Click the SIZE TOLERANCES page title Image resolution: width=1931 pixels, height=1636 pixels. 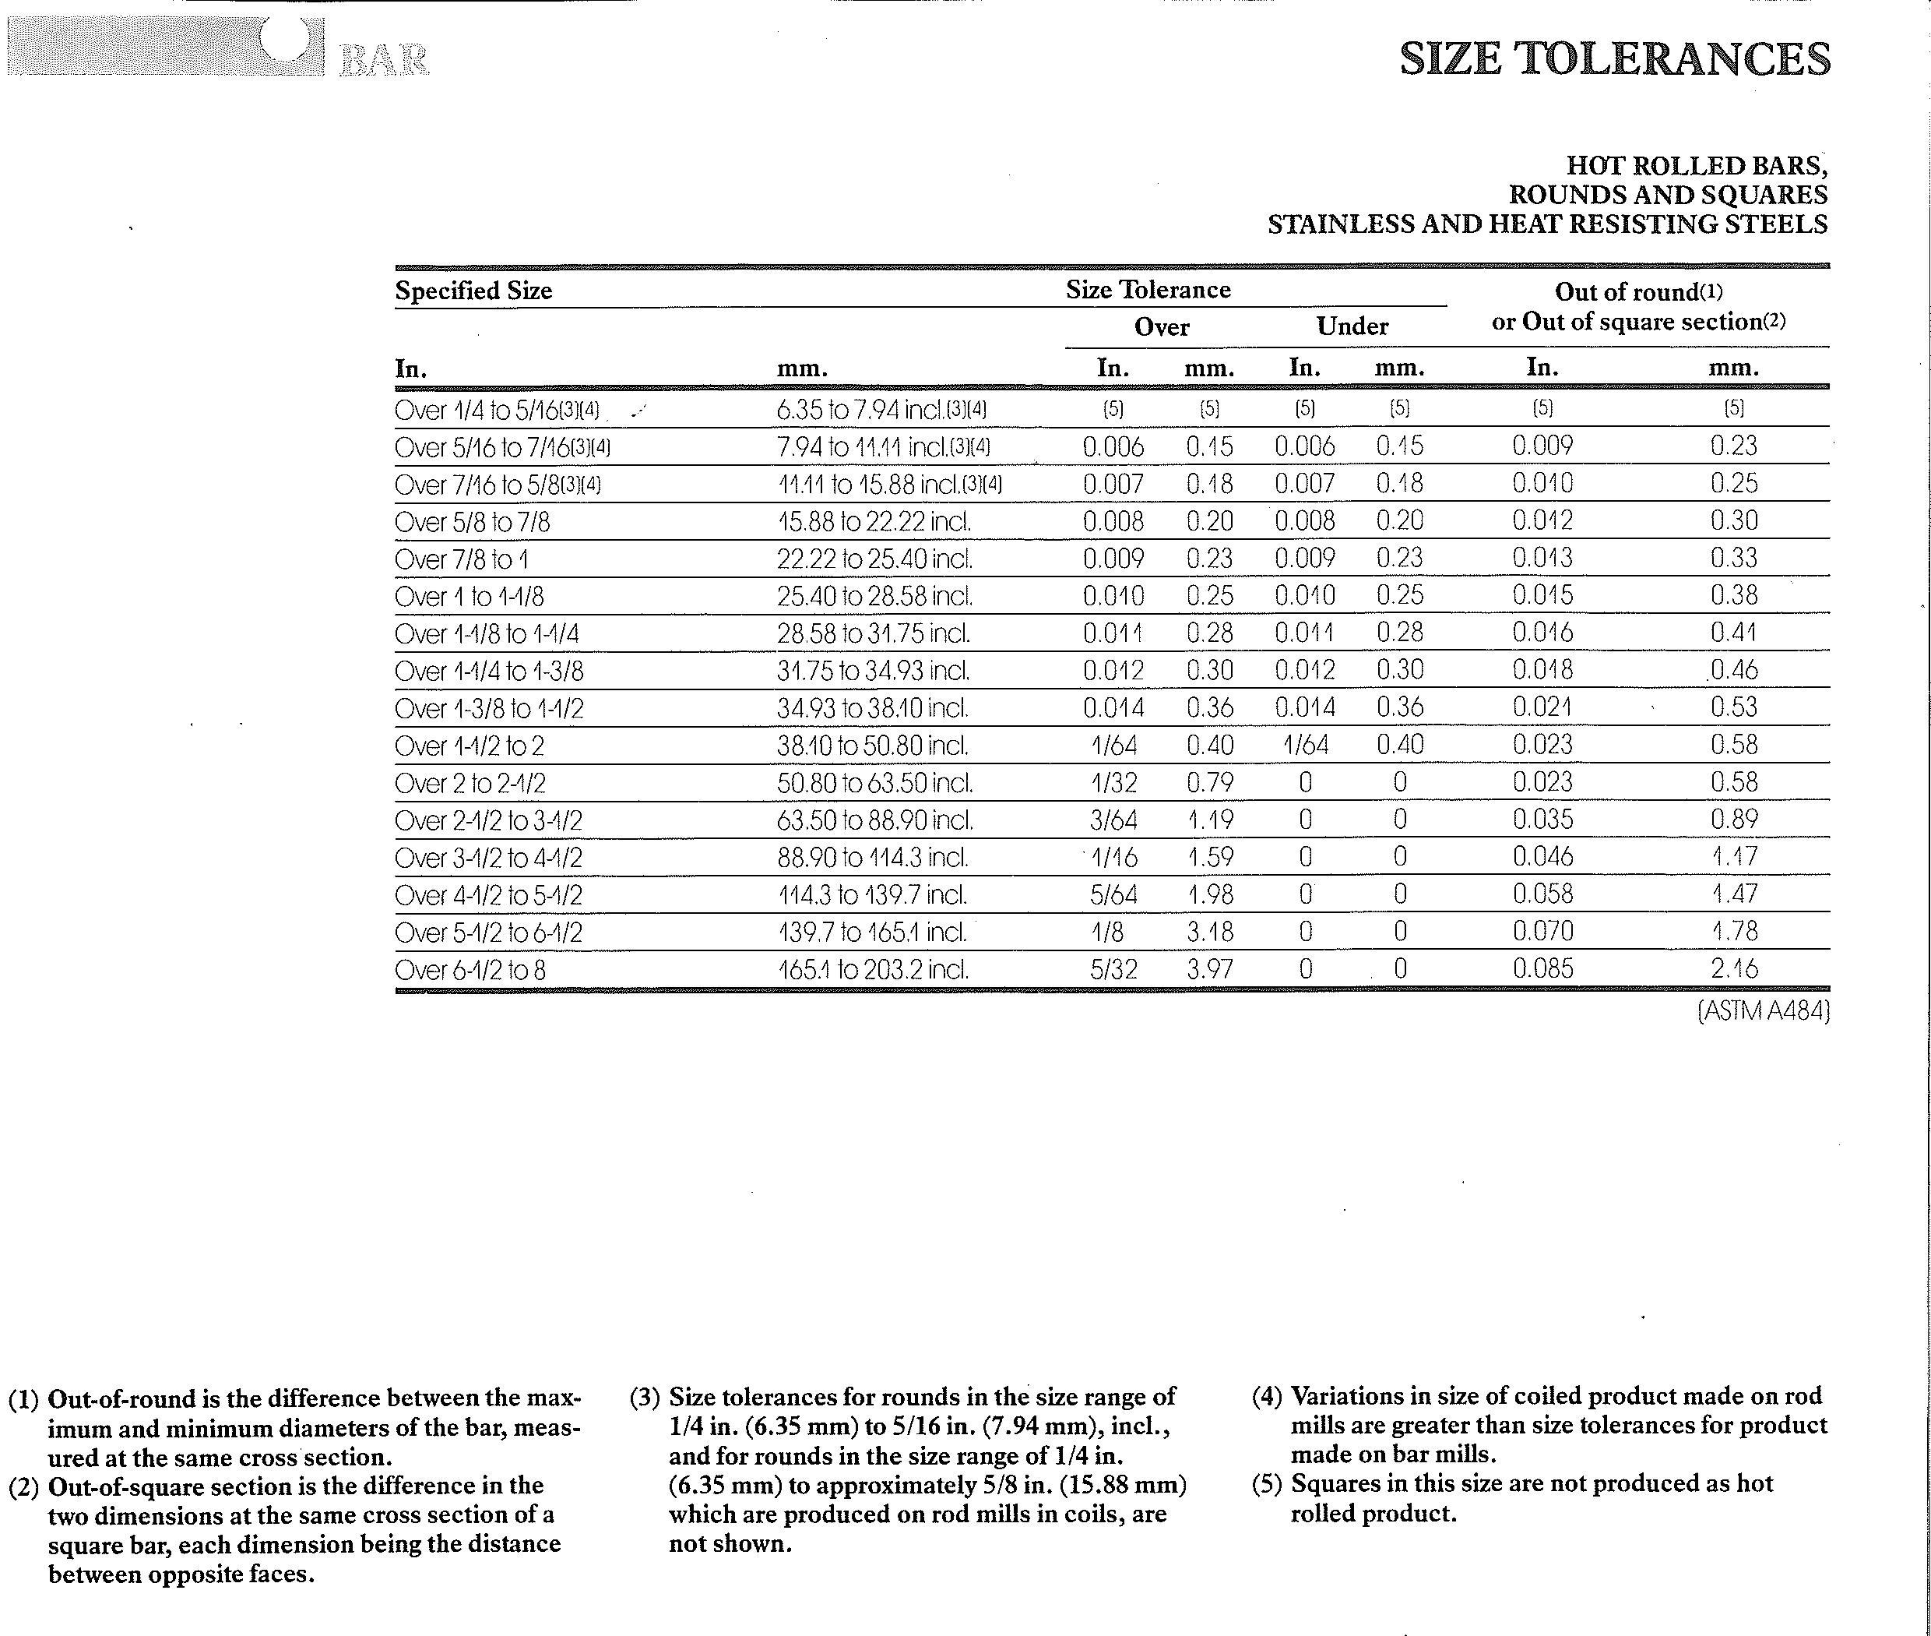tap(1614, 58)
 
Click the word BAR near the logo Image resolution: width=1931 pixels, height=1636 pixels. tap(384, 62)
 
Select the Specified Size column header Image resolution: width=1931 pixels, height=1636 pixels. tap(473, 291)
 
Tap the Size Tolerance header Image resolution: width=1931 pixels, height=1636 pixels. tap(1148, 291)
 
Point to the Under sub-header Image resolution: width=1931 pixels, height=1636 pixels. tap(1352, 326)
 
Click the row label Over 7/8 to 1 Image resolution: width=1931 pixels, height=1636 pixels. tap(461, 560)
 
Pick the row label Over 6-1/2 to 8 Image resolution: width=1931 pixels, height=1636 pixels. tap(470, 970)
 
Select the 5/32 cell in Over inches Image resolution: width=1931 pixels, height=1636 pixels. tap(1113, 969)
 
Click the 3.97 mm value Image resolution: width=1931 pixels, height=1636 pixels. tap(1210, 969)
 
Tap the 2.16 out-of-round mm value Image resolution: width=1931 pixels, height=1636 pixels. tap(1733, 969)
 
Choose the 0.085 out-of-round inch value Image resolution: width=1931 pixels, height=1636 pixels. tap(1542, 969)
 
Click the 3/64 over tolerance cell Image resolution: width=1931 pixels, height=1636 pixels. tap(1113, 820)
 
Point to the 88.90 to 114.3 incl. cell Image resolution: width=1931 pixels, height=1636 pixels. tap(872, 858)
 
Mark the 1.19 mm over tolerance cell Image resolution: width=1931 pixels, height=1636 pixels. tap(1210, 820)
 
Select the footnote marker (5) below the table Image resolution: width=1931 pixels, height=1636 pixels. tap(1266, 1484)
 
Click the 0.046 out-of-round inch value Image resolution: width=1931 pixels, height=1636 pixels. tap(1542, 857)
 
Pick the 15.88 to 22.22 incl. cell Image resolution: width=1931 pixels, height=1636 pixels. tap(874, 522)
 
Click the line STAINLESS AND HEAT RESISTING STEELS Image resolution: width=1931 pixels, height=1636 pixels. tap(1547, 224)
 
